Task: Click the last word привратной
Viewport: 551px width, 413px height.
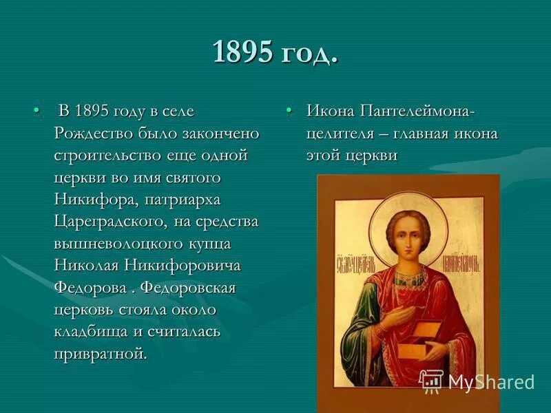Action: tap(100, 354)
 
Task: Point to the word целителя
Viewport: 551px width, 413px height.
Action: tap(341, 134)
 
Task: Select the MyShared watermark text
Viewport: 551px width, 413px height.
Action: tap(490, 382)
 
